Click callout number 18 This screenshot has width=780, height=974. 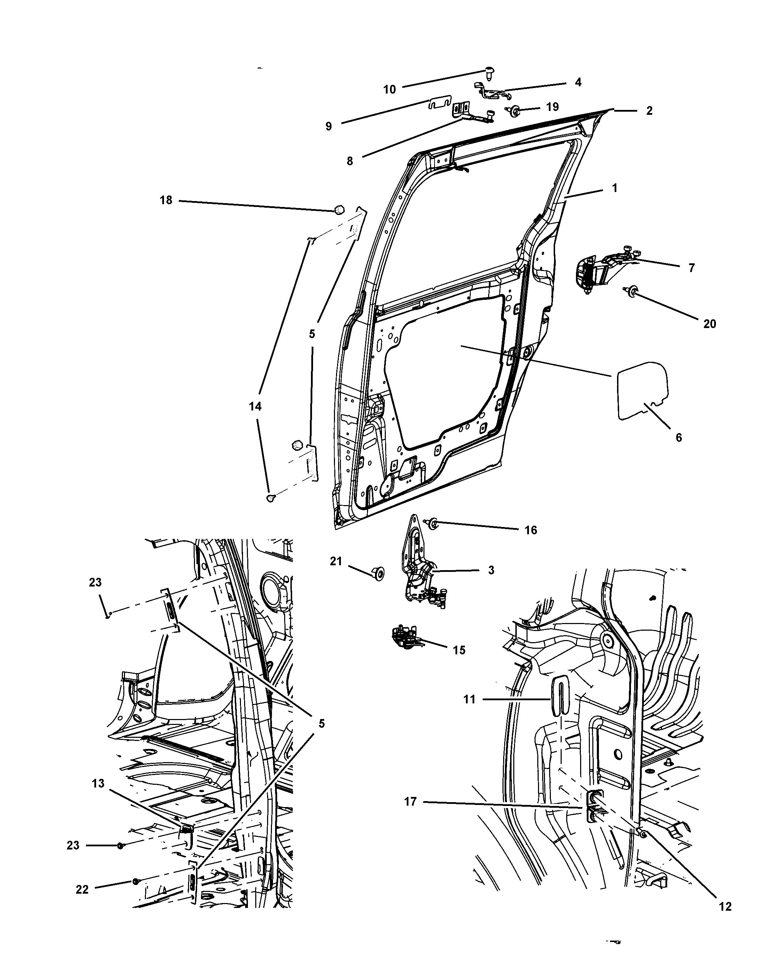(x=166, y=200)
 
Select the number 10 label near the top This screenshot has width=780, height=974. (x=389, y=89)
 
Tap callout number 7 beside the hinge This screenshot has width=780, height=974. (x=691, y=268)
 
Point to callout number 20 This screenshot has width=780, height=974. (x=709, y=324)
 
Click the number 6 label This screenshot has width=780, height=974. (x=678, y=437)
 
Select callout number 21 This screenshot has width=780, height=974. (x=336, y=561)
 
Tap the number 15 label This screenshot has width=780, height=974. (x=459, y=650)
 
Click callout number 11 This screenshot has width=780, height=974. (x=469, y=699)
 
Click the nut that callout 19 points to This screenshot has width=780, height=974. (x=515, y=110)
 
